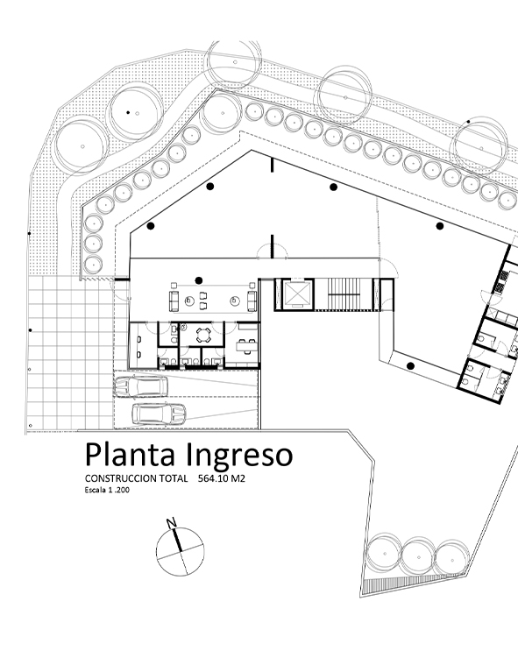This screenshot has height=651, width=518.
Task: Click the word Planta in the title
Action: [x=130, y=455]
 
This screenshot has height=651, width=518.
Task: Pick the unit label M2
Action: [x=238, y=478]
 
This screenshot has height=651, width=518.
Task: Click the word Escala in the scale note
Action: [x=96, y=490]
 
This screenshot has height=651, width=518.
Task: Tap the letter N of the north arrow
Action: [x=171, y=523]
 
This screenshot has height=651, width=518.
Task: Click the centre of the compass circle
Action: [x=181, y=551]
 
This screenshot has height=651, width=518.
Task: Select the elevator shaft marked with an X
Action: [x=296, y=294]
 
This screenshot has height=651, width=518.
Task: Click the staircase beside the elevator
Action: [x=344, y=294]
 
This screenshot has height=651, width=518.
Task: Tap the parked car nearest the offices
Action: [x=141, y=386]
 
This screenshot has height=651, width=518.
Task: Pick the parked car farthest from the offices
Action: [x=159, y=414]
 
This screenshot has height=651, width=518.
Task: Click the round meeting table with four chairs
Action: [x=203, y=335]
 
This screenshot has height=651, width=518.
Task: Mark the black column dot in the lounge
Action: [x=199, y=280]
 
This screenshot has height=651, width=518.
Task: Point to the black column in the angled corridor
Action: [x=410, y=366]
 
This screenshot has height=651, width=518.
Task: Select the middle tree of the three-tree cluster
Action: [x=418, y=556]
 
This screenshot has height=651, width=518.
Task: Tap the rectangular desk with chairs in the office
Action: [x=246, y=345]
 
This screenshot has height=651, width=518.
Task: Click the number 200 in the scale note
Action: [x=123, y=490]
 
